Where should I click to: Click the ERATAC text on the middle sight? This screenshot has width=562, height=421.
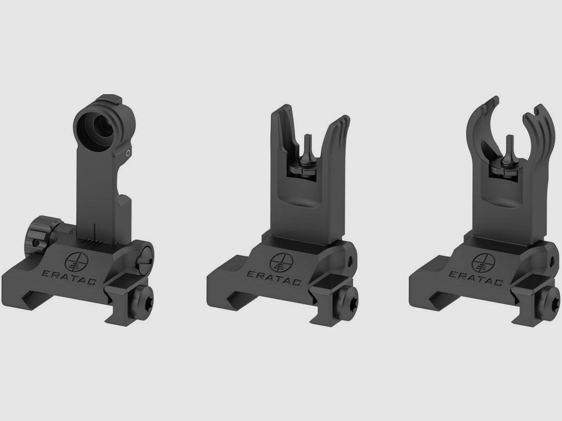(x=274, y=278)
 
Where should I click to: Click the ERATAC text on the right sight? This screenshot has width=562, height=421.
(x=478, y=278)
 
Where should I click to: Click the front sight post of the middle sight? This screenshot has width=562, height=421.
(x=307, y=151)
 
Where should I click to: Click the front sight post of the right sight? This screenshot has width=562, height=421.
(x=509, y=151)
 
